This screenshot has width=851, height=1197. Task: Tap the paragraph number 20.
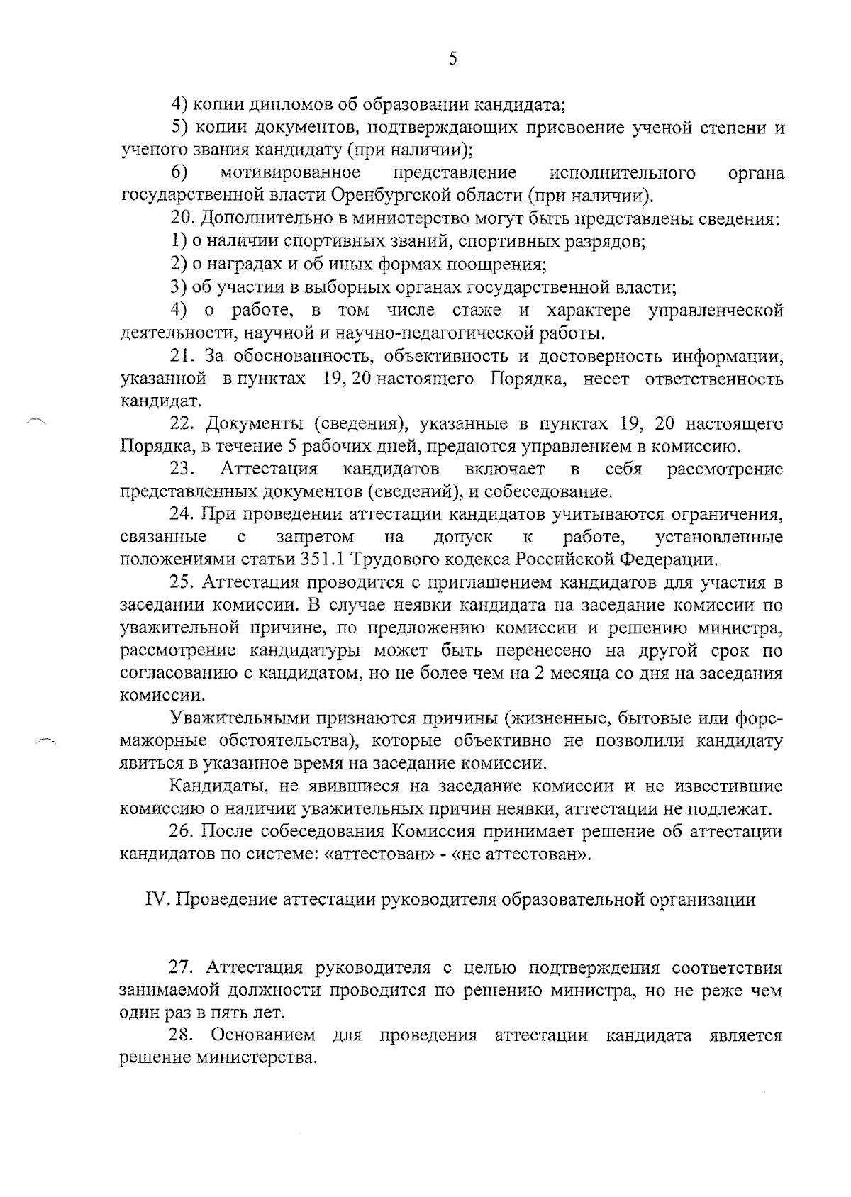(183, 218)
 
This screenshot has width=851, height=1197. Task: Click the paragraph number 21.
(183, 356)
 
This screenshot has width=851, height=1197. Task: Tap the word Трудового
(389, 559)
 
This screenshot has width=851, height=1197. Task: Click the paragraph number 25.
(183, 583)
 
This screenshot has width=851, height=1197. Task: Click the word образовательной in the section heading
(572, 900)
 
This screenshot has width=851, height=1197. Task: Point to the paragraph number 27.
(183, 968)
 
